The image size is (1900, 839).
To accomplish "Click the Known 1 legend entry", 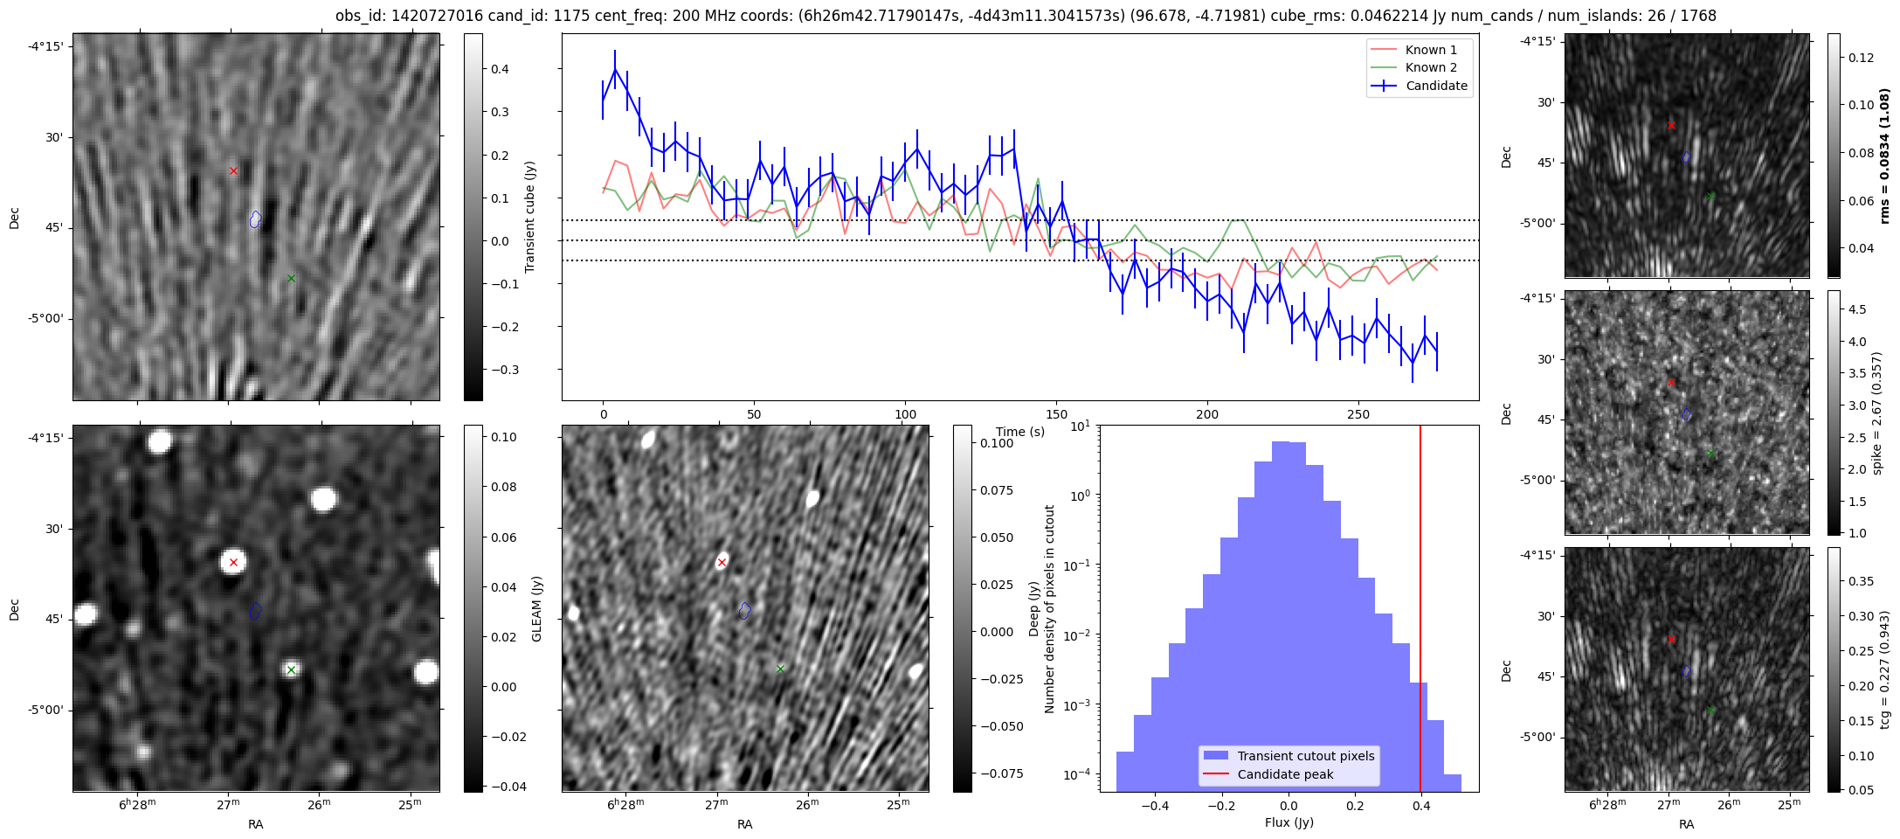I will (x=1430, y=50).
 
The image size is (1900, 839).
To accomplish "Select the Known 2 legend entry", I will (x=1430, y=67).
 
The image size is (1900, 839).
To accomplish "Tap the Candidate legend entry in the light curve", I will (x=1435, y=86).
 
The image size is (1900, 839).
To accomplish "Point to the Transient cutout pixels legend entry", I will (x=1305, y=756).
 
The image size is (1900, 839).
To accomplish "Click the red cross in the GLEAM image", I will (x=233, y=562).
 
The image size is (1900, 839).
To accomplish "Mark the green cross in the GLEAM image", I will (x=291, y=670).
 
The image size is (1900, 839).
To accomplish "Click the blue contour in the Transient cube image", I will (x=254, y=218).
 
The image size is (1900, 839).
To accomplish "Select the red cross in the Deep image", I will (x=722, y=562).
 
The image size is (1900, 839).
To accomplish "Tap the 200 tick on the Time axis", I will (x=1206, y=413).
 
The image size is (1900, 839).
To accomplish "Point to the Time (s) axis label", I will (x=1020, y=432).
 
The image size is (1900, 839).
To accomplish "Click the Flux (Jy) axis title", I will (x=1289, y=822).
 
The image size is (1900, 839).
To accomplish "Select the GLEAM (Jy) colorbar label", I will (x=537, y=608).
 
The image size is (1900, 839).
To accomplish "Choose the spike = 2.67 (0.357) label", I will (x=1876, y=413).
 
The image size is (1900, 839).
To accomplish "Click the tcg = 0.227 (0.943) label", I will (x=1884, y=669).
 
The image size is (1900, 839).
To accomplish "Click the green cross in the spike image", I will (x=1710, y=453).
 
